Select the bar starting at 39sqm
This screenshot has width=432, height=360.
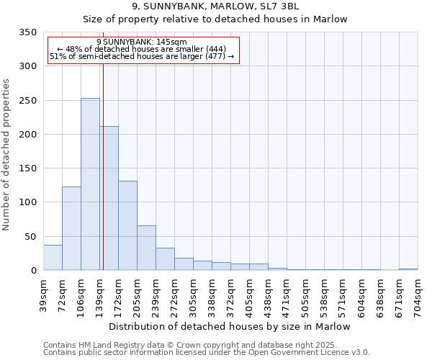pyautogui.click(x=53, y=258)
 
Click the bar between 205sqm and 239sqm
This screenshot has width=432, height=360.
pyautogui.click(x=146, y=248)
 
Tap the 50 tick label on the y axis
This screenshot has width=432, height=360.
pyautogui.click(x=31, y=237)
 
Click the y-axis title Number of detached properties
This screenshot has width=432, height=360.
pyautogui.click(x=7, y=155)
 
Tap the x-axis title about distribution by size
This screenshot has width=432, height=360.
pyautogui.click(x=230, y=326)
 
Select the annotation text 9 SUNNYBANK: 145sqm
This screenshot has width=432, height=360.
pyautogui.click(x=141, y=42)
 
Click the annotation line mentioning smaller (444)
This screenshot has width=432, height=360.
pyautogui.click(x=141, y=49)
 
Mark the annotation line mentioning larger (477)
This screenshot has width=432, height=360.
pyautogui.click(x=141, y=56)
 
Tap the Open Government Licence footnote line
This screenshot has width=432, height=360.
pyautogui.click(x=206, y=352)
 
